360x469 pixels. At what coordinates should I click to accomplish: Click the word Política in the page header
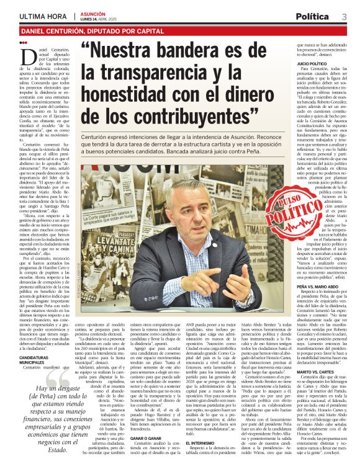[x=317, y=16]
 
